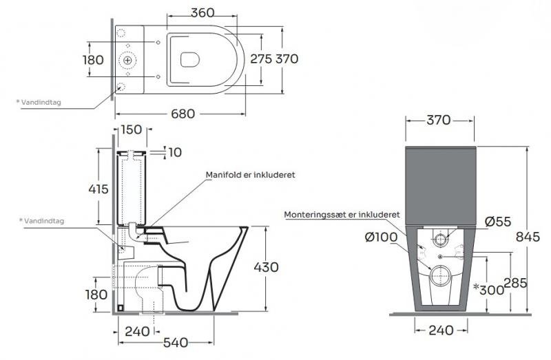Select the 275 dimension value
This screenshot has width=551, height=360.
[261, 59]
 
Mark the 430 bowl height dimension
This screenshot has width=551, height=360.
[265, 266]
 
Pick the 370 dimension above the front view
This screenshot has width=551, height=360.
[438, 120]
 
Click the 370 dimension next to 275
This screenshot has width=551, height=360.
[287, 59]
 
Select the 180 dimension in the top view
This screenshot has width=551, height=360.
[93, 60]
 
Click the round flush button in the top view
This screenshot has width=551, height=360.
[128, 61]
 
